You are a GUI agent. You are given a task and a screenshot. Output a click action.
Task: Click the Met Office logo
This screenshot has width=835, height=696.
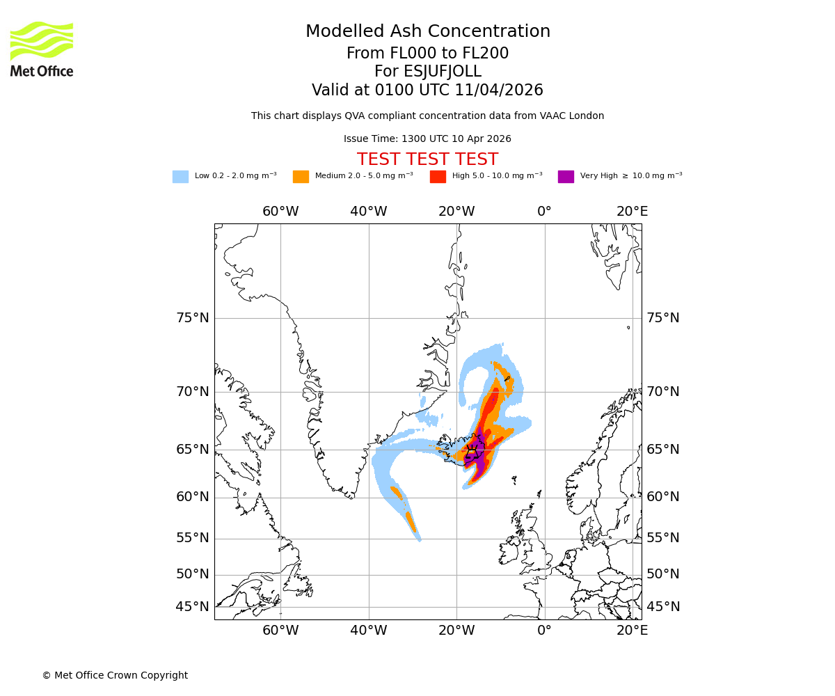click(x=42, y=49)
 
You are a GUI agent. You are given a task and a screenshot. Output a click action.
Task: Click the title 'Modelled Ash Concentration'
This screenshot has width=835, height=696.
click(x=427, y=32)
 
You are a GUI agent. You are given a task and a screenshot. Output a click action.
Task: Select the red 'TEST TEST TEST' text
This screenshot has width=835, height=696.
click(x=427, y=160)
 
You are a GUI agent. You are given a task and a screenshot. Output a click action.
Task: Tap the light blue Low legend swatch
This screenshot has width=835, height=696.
click(x=180, y=177)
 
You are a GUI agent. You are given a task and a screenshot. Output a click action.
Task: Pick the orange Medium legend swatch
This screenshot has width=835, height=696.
click(x=301, y=177)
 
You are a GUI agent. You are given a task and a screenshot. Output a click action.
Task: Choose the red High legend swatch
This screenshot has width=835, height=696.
click(x=438, y=177)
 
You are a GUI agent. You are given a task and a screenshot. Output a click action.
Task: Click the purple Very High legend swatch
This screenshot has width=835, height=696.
click(x=566, y=177)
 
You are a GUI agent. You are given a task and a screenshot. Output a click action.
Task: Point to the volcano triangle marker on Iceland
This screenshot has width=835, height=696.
click(x=472, y=451)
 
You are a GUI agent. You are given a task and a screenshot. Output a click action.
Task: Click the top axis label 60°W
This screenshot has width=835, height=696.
click(x=280, y=212)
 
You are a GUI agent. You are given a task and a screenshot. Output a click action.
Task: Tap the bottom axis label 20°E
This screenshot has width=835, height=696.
click(x=632, y=631)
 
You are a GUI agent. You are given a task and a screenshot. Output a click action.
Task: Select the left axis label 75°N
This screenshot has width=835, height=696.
click(x=192, y=318)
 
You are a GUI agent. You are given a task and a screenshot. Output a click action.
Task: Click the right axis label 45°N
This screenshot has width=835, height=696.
click(x=663, y=607)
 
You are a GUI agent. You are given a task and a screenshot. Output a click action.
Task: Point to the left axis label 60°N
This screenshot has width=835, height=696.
click(x=192, y=497)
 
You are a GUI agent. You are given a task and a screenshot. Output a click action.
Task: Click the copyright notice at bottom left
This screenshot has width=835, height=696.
click(x=115, y=675)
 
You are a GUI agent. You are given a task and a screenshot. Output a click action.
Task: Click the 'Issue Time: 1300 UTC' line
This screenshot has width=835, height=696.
click(x=427, y=139)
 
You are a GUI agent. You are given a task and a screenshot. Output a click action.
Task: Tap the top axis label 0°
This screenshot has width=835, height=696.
click(x=544, y=212)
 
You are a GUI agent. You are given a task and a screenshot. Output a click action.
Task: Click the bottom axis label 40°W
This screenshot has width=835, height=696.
click(x=368, y=631)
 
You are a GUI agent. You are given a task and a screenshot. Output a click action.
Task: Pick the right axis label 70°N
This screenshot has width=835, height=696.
click(x=663, y=392)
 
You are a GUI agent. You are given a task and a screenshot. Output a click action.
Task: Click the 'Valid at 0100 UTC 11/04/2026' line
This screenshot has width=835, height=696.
click(x=427, y=90)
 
